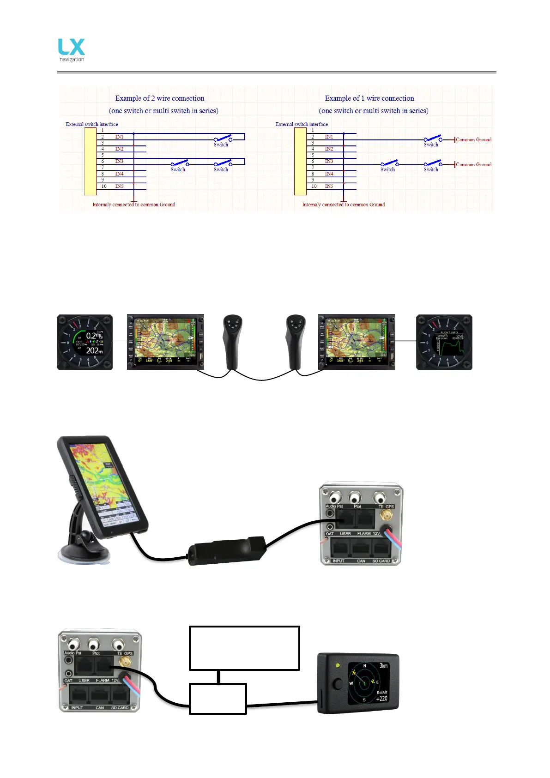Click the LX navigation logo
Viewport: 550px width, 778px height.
(x=72, y=49)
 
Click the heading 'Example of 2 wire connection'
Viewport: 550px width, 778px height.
(x=159, y=98)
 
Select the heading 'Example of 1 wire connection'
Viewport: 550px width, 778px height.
(x=369, y=98)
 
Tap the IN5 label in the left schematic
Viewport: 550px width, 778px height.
(x=119, y=187)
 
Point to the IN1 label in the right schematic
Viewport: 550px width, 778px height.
(x=329, y=137)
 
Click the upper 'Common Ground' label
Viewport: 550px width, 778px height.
(x=473, y=139)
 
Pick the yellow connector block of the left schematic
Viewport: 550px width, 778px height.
(x=90, y=161)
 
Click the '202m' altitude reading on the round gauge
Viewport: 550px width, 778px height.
(x=94, y=350)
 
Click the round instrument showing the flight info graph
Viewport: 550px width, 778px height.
(x=444, y=342)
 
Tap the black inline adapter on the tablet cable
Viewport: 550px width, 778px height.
(x=226, y=549)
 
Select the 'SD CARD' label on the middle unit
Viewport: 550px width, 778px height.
(x=381, y=561)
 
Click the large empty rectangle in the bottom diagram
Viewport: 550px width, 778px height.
(x=244, y=648)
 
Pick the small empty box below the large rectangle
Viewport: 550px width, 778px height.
(x=218, y=699)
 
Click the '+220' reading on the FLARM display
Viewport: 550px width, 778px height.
(x=381, y=699)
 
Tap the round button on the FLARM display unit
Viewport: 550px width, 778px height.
(x=338, y=684)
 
